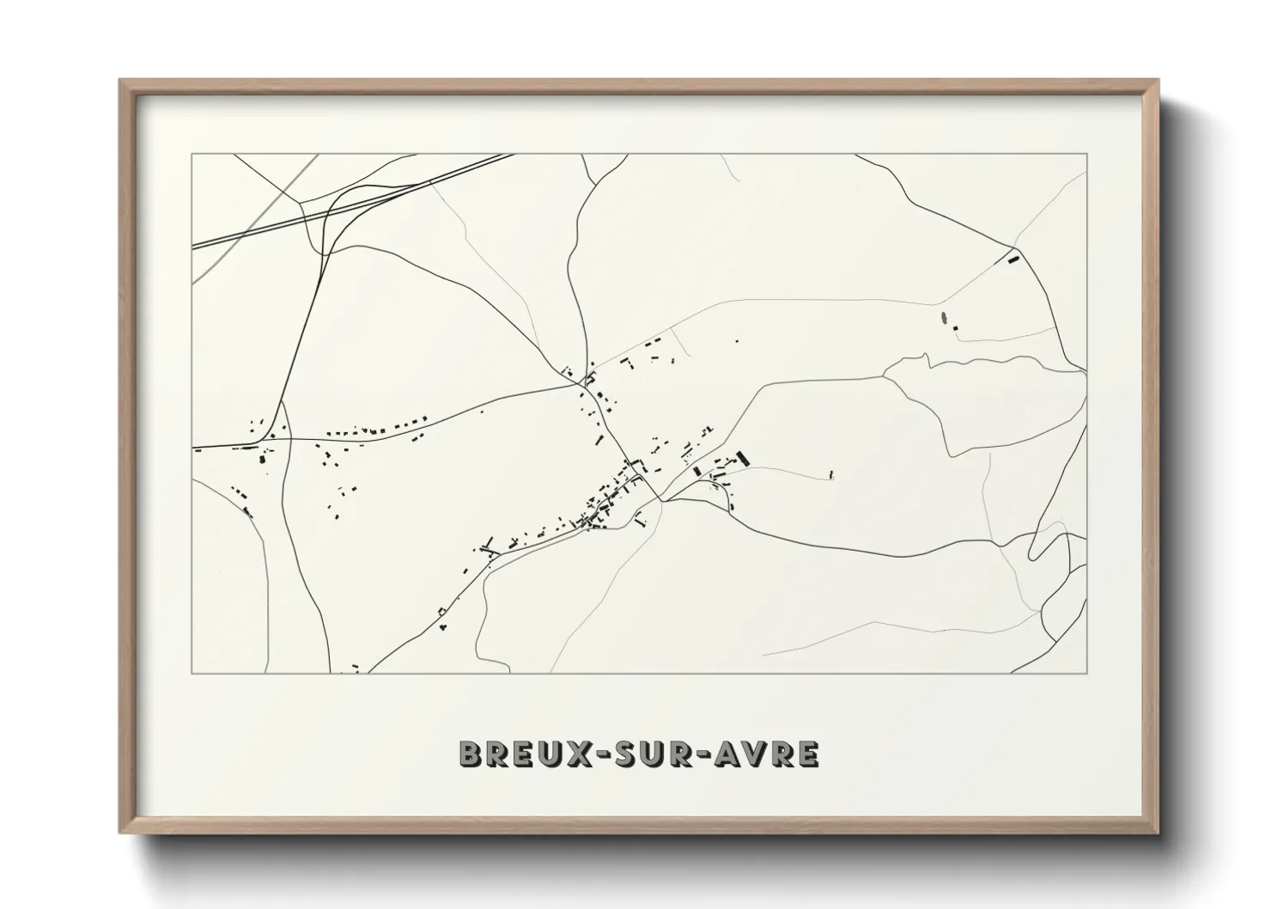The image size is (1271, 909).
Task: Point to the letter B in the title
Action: coord(471,753)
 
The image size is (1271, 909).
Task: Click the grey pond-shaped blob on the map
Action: coord(946,320)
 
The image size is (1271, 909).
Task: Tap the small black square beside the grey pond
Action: coord(955,327)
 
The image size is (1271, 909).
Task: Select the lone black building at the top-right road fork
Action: coord(1013,255)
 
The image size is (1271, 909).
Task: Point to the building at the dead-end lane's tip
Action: coord(831,473)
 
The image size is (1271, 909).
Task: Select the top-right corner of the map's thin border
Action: coord(1086,154)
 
